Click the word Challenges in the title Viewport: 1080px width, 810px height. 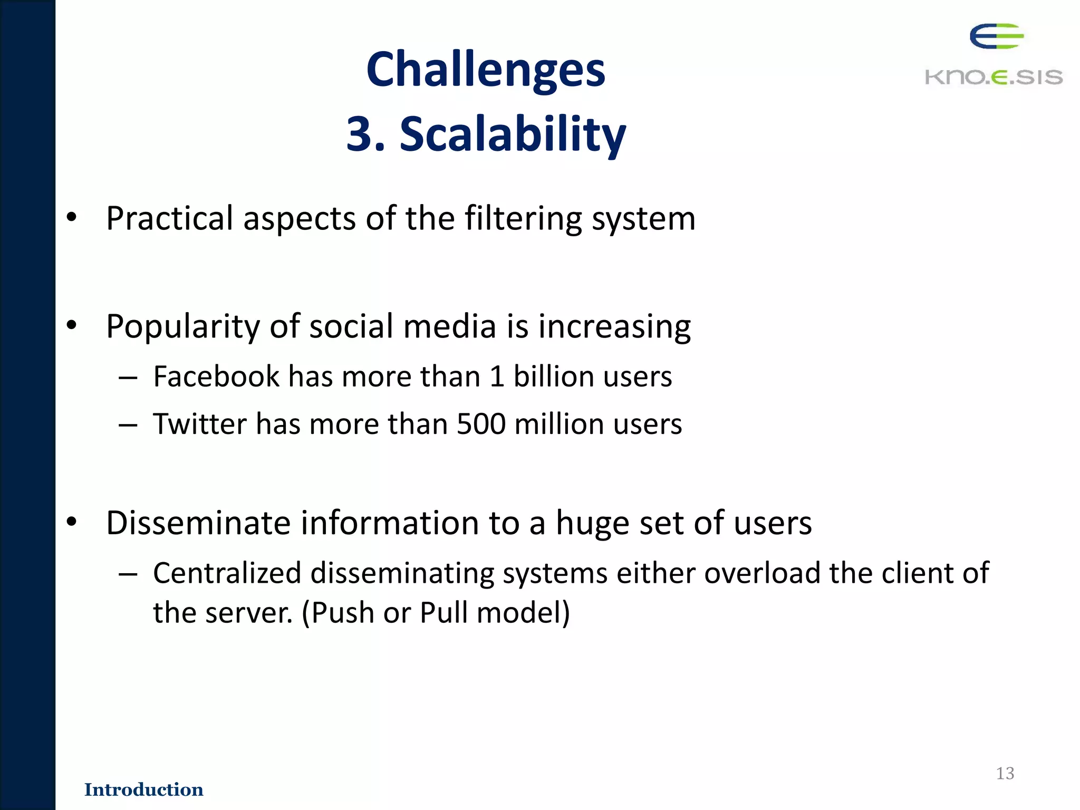coord(486,70)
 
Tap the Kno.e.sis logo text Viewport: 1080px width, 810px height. coord(994,77)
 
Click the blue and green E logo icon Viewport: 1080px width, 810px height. coord(996,36)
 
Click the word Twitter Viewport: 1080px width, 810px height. coord(200,424)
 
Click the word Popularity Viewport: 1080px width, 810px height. coord(182,327)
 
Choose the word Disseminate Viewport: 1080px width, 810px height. coord(198,523)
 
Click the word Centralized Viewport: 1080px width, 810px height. coord(227,573)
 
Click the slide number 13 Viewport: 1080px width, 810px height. coord(1005,773)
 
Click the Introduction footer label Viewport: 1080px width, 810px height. coord(143,789)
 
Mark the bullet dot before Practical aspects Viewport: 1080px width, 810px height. coord(72,217)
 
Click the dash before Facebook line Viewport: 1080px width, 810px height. coord(128,378)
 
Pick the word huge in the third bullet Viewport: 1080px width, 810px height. coord(592,523)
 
